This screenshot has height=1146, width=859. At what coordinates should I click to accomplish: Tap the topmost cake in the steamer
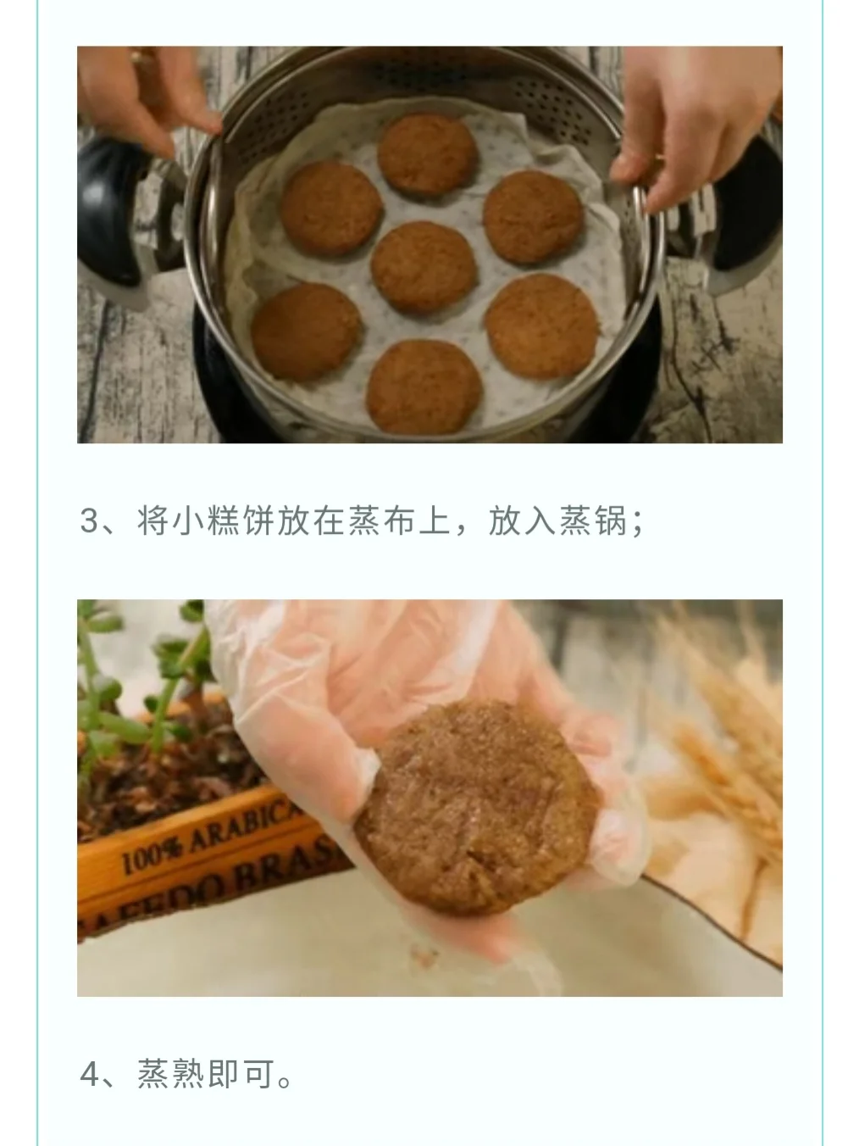coord(427,154)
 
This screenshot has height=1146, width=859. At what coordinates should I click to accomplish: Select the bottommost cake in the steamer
coord(424,387)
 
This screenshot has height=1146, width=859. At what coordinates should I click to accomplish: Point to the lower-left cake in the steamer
coord(306,331)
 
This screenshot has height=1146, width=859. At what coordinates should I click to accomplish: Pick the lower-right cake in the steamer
coord(542,325)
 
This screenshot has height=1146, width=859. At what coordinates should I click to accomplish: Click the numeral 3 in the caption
coord(89,520)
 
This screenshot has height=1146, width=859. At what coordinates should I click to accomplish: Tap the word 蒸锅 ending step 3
coord(593,520)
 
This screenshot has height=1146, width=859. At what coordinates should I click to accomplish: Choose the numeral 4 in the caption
coord(90,1074)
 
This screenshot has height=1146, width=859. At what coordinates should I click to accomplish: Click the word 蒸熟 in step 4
coord(171,1074)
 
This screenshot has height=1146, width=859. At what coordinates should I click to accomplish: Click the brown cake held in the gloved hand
coord(477,807)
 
